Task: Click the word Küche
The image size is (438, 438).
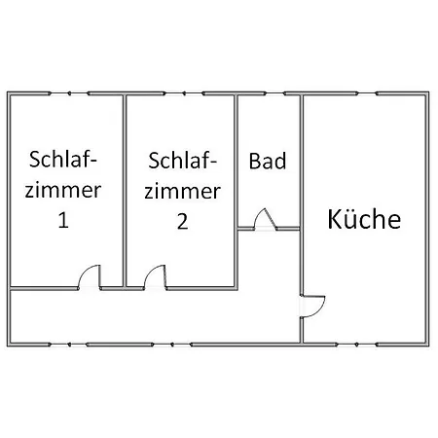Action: (364, 219)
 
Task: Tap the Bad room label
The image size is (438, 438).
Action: (268, 161)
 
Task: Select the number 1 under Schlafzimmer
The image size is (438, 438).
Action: (63, 220)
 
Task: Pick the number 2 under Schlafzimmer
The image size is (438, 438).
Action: (183, 222)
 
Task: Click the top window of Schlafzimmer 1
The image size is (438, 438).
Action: (69, 93)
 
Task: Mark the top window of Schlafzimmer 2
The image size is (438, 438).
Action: (184, 93)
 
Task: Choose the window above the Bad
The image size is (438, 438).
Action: (275, 93)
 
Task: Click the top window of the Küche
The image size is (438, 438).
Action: (367, 93)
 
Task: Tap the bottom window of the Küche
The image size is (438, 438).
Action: (356, 345)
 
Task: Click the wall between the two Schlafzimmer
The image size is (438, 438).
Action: (125, 192)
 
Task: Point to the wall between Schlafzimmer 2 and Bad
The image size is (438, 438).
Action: (237, 192)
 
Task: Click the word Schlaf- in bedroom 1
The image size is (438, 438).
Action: (63, 160)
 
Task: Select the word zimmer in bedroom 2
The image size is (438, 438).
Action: (183, 192)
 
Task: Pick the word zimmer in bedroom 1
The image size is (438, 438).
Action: (63, 190)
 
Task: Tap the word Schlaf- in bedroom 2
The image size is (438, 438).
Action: (183, 161)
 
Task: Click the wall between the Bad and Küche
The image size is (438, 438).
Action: (301, 195)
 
